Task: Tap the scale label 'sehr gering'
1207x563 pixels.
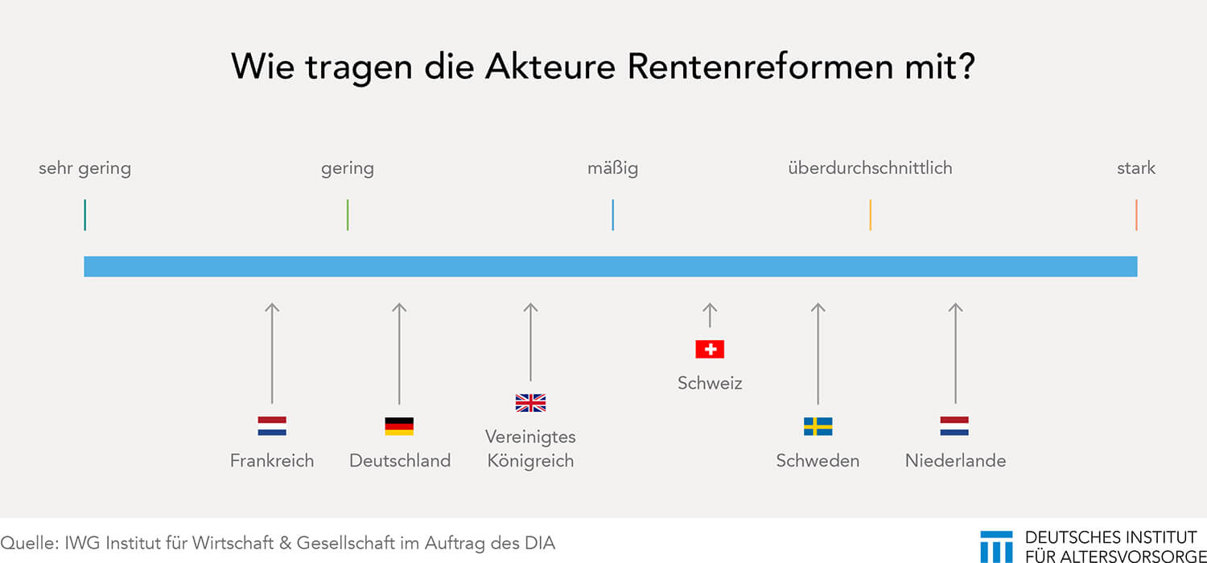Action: (84, 169)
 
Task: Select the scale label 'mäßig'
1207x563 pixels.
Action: (612, 169)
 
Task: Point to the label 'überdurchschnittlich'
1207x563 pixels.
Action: (870, 168)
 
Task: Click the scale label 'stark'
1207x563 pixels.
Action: (1136, 168)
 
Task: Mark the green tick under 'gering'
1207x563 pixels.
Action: (348, 215)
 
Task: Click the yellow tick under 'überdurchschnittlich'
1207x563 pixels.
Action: (870, 215)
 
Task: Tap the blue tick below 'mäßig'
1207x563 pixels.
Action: (612, 215)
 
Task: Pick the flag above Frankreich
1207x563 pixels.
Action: (272, 425)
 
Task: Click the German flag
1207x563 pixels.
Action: (399, 425)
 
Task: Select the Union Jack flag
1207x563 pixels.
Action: (531, 402)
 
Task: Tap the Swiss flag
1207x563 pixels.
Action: (710, 349)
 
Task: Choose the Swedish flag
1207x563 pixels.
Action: (818, 426)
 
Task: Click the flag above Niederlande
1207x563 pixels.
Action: (955, 425)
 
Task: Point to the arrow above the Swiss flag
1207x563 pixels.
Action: (710, 315)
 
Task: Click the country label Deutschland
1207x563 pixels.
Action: (400, 461)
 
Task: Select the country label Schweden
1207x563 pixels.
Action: (818, 461)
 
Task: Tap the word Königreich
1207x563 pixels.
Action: (531, 461)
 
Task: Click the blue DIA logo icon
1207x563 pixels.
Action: (996, 547)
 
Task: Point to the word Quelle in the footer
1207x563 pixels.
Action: (30, 543)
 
